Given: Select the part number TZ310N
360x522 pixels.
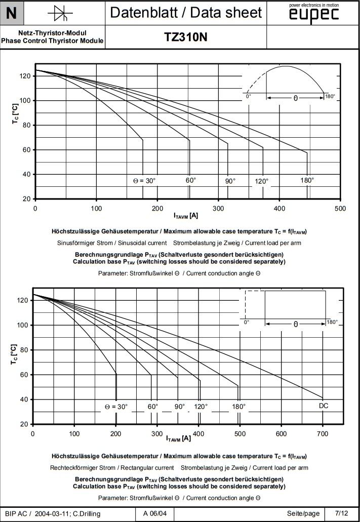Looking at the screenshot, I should pyautogui.click(x=186, y=37).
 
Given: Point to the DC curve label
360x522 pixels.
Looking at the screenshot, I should pyautogui.click(x=324, y=406).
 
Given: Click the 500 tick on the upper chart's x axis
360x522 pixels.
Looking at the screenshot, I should pyautogui.click(x=341, y=208).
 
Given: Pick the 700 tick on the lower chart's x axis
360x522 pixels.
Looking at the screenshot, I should pyautogui.click(x=323, y=433).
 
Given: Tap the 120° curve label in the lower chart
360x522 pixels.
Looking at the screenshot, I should pyautogui.click(x=201, y=406).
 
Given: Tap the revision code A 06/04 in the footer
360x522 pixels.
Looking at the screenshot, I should pyautogui.click(x=158, y=514).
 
